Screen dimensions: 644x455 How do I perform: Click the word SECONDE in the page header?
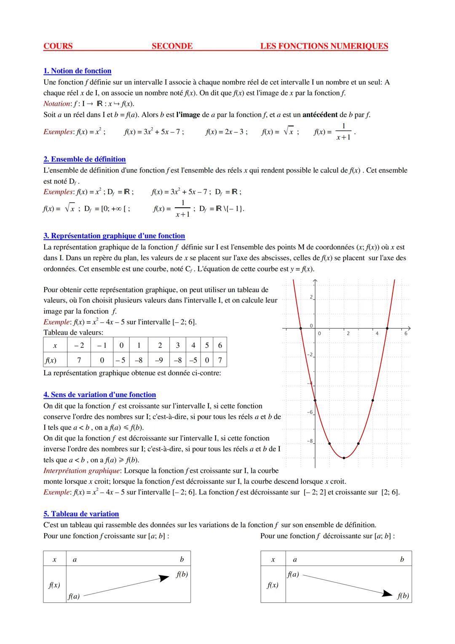pos(172,46)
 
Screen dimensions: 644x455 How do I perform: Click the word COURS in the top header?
pos(58,46)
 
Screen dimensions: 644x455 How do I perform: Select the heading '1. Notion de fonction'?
pos(78,71)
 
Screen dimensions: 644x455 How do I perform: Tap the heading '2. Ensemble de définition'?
pos(85,159)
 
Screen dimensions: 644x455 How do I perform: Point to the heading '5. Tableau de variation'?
pos(81,514)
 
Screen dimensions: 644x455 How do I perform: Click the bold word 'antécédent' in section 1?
pos(320,115)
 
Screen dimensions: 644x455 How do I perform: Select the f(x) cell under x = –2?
pos(79,360)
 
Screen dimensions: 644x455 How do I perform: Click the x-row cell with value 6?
pos(220,345)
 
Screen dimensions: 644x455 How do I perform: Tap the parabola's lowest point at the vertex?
pos(344,458)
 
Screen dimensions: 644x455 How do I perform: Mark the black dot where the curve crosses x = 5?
pos(387,328)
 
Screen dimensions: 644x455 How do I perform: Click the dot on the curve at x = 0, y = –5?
pos(315,400)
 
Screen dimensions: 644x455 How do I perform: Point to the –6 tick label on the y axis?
pos(310,412)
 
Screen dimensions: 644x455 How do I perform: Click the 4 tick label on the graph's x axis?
pos(377,333)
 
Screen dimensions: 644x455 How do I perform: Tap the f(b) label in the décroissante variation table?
pos(403,596)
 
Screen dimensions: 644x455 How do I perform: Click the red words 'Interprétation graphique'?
pos(83,470)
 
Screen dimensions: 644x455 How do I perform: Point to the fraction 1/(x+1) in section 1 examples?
pos(343,131)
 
